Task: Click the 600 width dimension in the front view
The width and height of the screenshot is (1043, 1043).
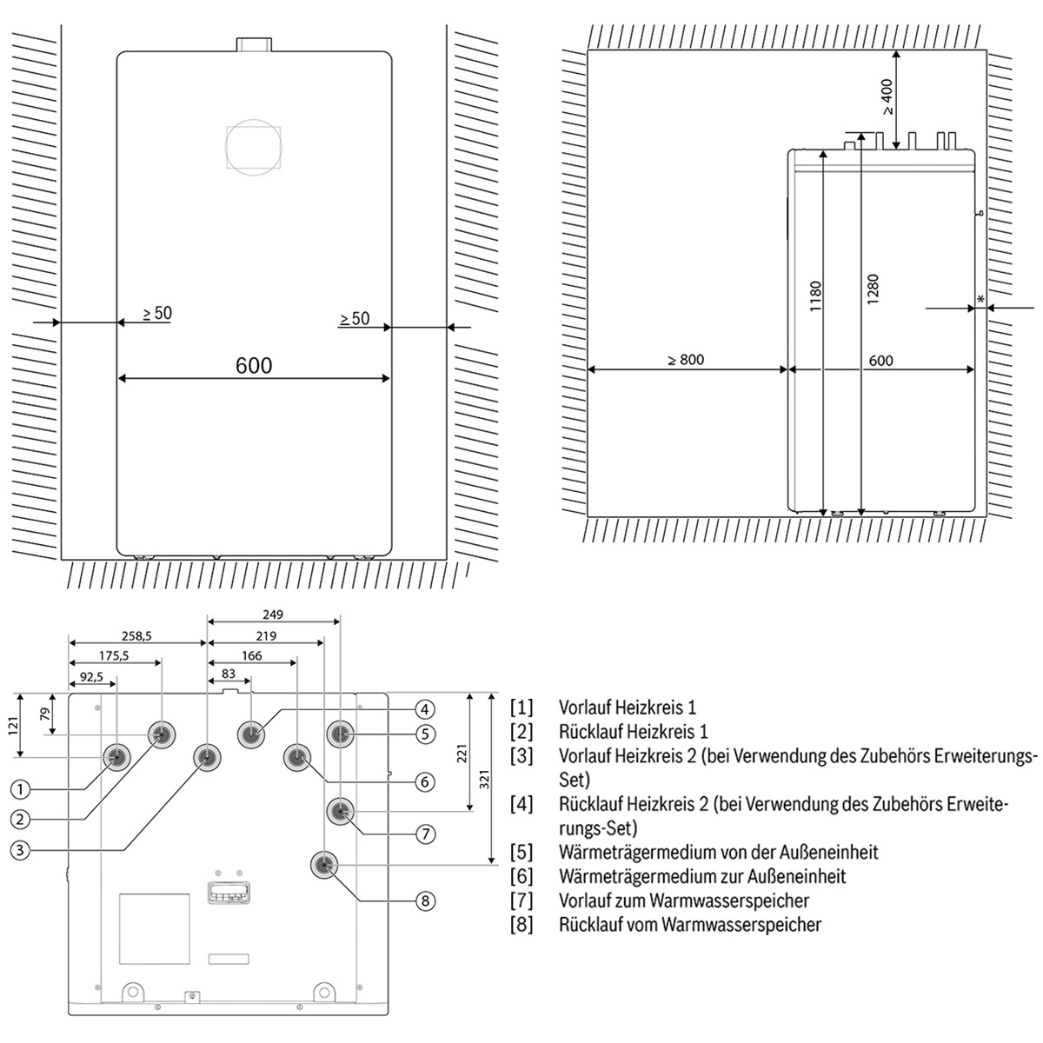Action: pyautogui.click(x=253, y=365)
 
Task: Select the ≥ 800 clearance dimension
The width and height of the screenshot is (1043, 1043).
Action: pyautogui.click(x=686, y=360)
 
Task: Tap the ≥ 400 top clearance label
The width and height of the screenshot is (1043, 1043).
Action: pyautogui.click(x=887, y=97)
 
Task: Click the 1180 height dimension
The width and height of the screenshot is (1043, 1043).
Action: pyautogui.click(x=815, y=297)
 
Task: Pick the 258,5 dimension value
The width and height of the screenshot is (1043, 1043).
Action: pyautogui.click(x=136, y=636)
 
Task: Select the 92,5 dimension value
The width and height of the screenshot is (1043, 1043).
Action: pyautogui.click(x=90, y=675)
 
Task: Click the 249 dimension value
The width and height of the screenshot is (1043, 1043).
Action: pyautogui.click(x=273, y=615)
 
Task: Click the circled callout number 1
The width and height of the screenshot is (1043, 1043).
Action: pyautogui.click(x=21, y=789)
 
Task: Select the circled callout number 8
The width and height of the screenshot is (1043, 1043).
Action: pyautogui.click(x=425, y=900)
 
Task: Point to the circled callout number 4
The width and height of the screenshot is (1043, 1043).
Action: pyautogui.click(x=424, y=708)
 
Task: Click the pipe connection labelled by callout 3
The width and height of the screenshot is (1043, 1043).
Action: pyautogui.click(x=207, y=758)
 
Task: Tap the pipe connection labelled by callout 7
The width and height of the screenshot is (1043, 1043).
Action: pyautogui.click(x=340, y=812)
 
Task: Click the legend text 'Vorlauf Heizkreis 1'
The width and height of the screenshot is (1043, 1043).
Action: pyautogui.click(x=628, y=708)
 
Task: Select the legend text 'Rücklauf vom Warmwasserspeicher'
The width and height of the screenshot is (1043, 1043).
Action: pyautogui.click(x=690, y=924)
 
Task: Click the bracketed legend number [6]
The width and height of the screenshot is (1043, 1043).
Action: pyautogui.click(x=521, y=876)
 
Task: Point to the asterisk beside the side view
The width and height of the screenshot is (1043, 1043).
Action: pyautogui.click(x=981, y=300)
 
